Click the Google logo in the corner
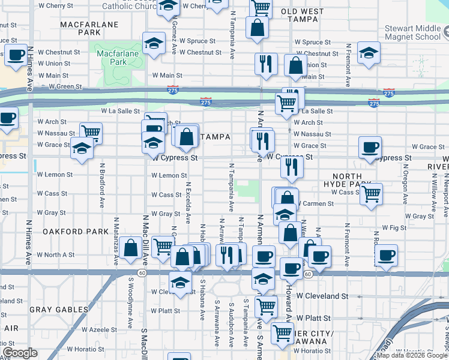tap(19, 353)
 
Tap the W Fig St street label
tap(394, 228)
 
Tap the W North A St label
tap(56, 254)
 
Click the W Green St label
tap(65, 86)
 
